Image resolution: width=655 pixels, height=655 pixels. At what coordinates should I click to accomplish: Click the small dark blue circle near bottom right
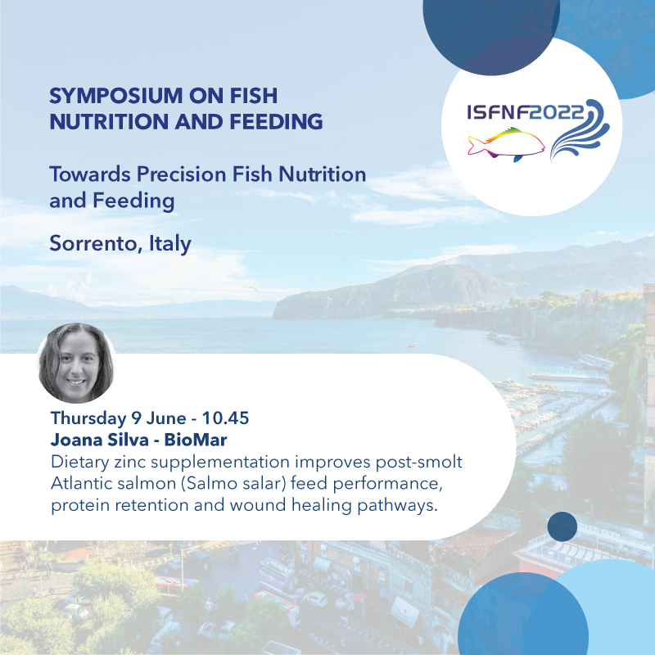tap(562, 526)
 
